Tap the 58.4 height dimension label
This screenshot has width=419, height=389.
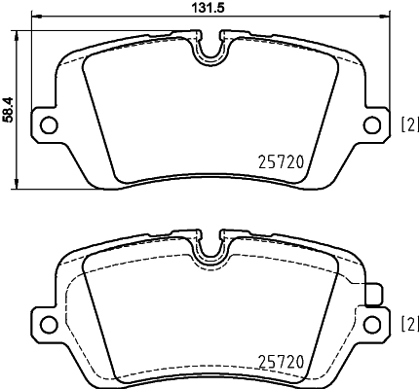click(x=9, y=108)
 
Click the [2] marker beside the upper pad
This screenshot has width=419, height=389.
click(x=409, y=124)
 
